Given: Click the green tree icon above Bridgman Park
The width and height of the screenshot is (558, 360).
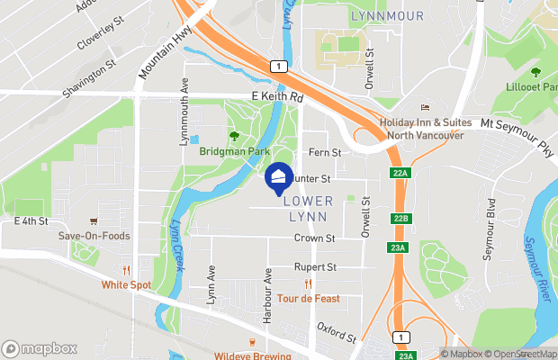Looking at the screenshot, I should (x=234, y=136).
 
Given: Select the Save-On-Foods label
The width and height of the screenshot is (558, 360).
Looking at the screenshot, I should (x=94, y=236).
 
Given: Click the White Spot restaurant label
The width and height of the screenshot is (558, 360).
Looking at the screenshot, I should (x=127, y=284).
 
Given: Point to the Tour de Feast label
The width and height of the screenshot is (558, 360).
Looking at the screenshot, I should (x=308, y=298).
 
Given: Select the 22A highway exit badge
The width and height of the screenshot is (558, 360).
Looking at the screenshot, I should (x=400, y=173).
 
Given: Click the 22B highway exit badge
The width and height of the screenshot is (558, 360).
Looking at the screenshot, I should (x=400, y=219).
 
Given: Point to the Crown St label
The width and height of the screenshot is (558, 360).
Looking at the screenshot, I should (x=314, y=238).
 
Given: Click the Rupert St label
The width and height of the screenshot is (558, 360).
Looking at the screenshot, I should (x=315, y=267).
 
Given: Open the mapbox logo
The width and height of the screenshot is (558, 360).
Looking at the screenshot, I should (x=40, y=348).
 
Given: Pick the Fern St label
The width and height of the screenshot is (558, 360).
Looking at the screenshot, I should (x=325, y=153).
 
